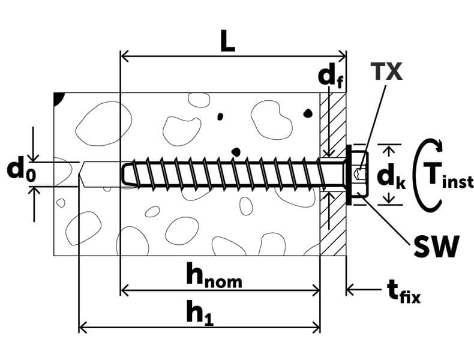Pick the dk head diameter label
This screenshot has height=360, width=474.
pyautogui.click(x=391, y=176)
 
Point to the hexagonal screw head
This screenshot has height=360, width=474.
pyautogui.click(x=358, y=174)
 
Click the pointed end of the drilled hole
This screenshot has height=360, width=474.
pyautogui.click(x=82, y=174)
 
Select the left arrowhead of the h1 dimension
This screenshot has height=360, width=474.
pyautogui.click(x=83, y=327)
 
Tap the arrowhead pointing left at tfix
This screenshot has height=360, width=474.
pyautogui.click(x=350, y=291)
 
